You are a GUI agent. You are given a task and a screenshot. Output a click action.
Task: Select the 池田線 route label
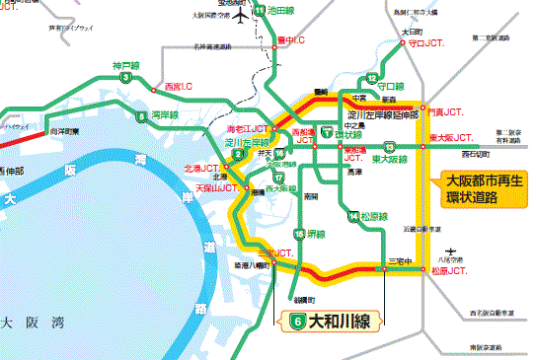coord(281,10)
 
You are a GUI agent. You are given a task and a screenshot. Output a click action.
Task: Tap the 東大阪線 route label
coord(391,159)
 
